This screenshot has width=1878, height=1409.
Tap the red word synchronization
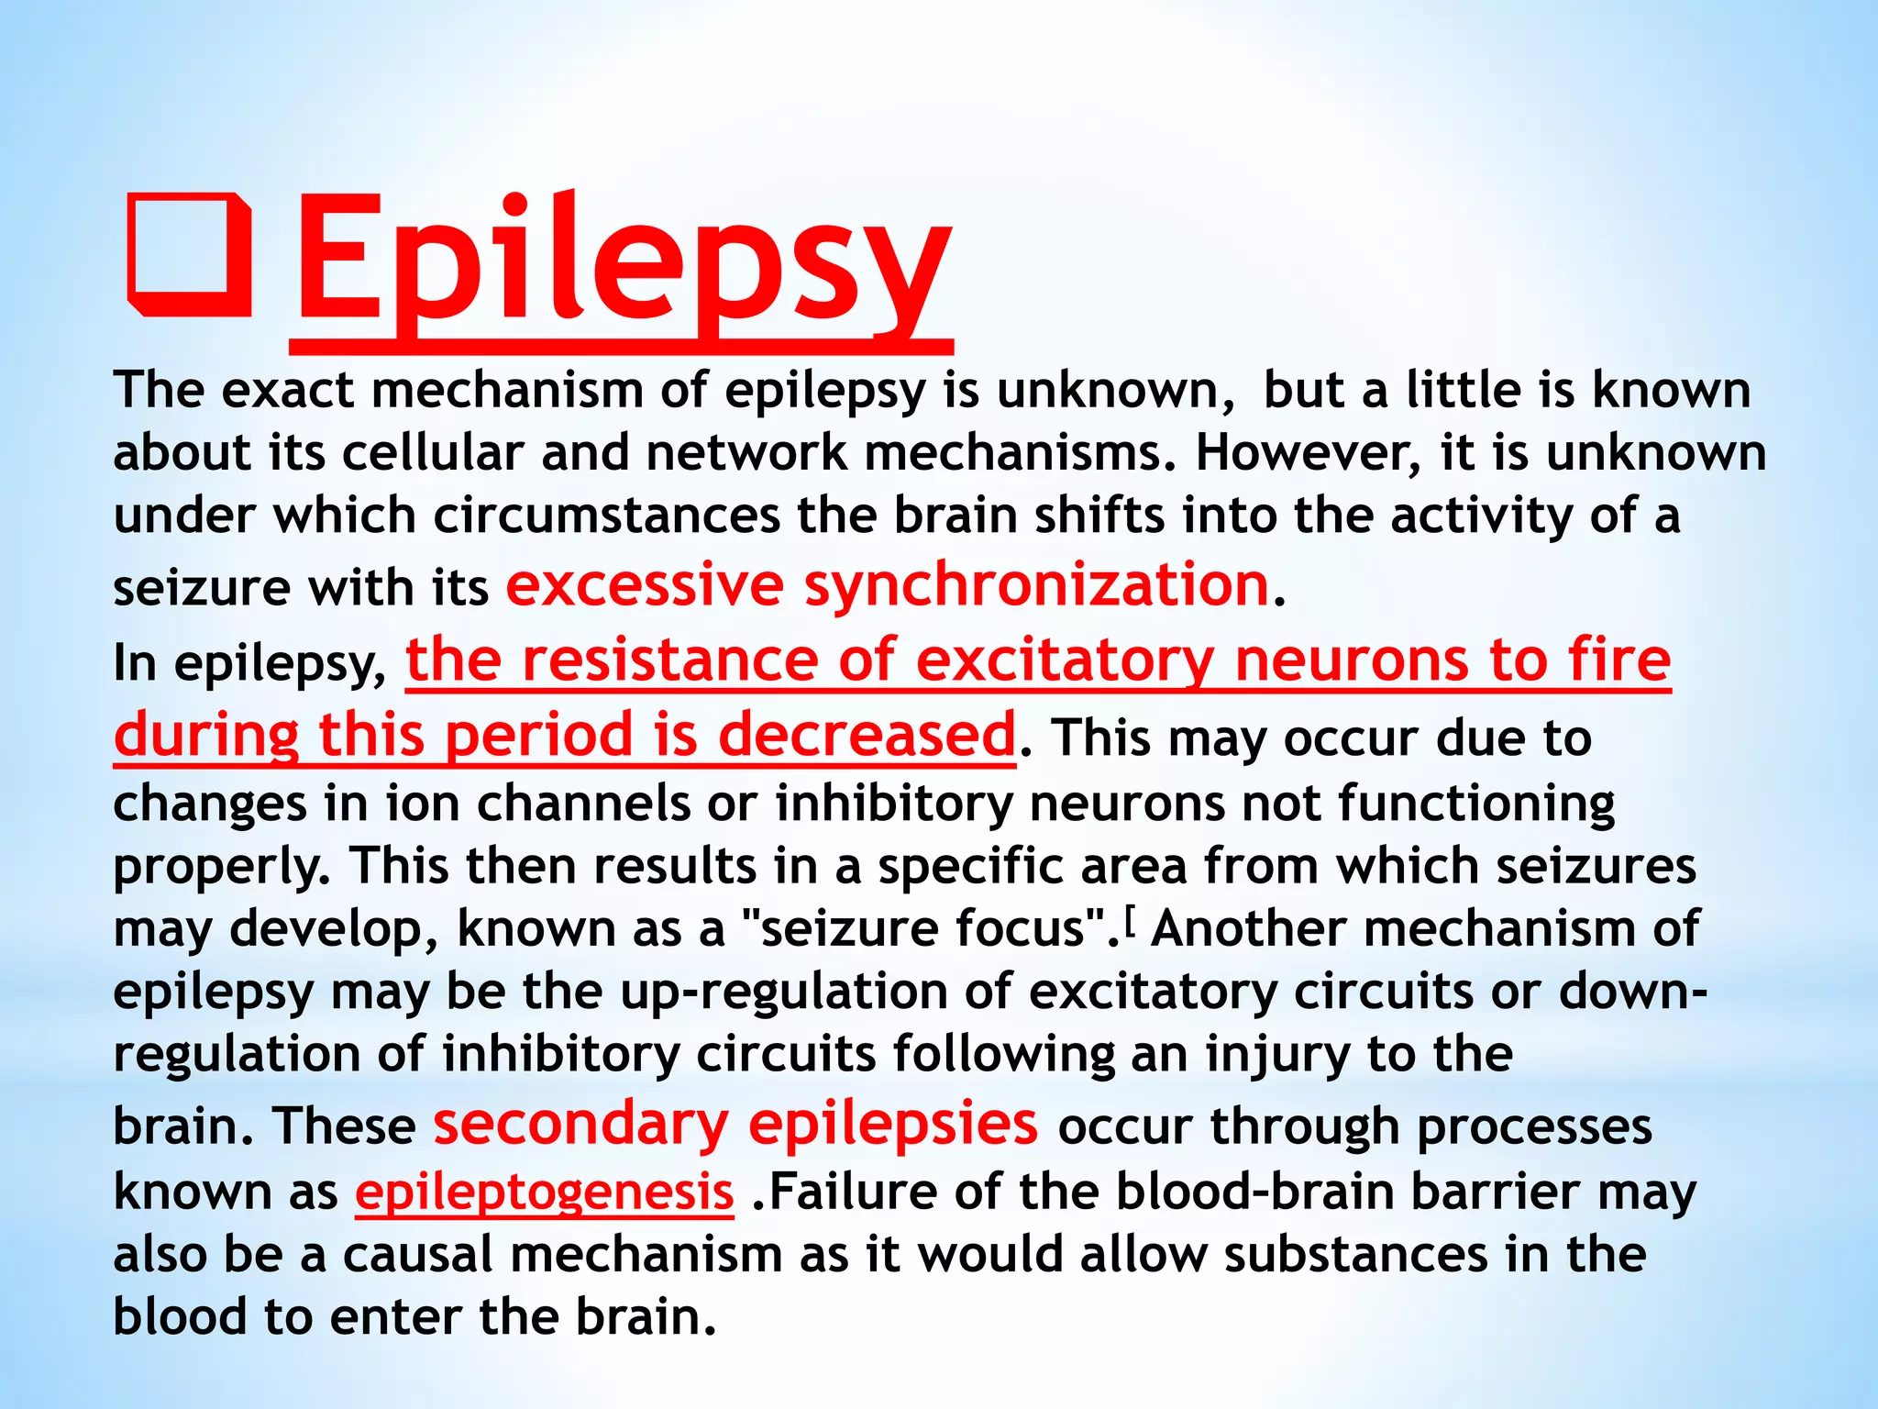pos(1036,585)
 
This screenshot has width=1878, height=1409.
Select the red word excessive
pos(645,585)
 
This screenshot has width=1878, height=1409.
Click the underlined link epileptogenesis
pos(545,1192)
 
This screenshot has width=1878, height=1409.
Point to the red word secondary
pos(580,1124)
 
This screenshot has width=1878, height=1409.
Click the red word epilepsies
pos(893,1124)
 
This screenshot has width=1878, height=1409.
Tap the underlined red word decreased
pos(866,736)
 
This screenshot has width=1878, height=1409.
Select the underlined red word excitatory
pos(1065,660)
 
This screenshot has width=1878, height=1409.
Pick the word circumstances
pos(606,516)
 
